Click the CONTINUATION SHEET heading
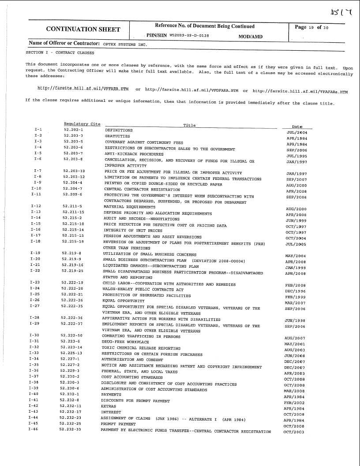pos(83,30)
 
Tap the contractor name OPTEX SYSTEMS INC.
pos(125,44)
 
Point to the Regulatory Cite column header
pos(82,124)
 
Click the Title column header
pos(189,125)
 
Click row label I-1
pos(38,129)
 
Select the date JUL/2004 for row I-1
pos(297,132)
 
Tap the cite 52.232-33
pos(71,429)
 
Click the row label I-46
pos(33,429)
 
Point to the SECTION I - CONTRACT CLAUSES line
pos(60,52)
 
